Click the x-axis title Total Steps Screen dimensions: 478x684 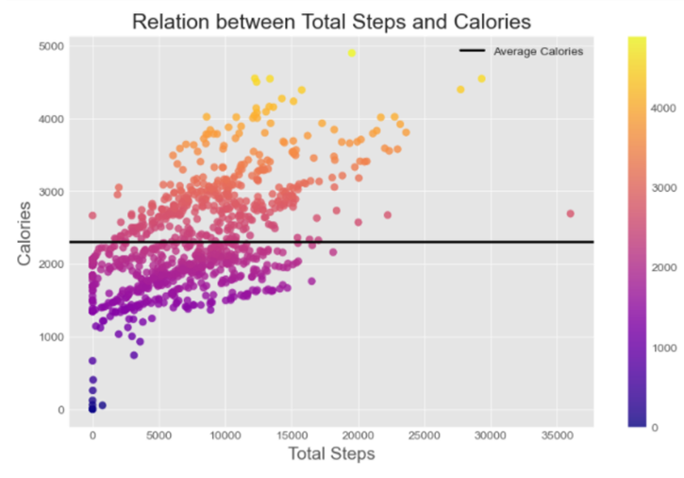point(331,454)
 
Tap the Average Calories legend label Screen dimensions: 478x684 point(538,51)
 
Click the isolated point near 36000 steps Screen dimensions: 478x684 point(570,213)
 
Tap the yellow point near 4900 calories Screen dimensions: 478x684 point(352,53)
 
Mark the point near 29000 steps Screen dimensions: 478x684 point(481,78)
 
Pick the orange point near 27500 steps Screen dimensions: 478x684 point(460,90)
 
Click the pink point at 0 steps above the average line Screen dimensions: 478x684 point(92,215)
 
